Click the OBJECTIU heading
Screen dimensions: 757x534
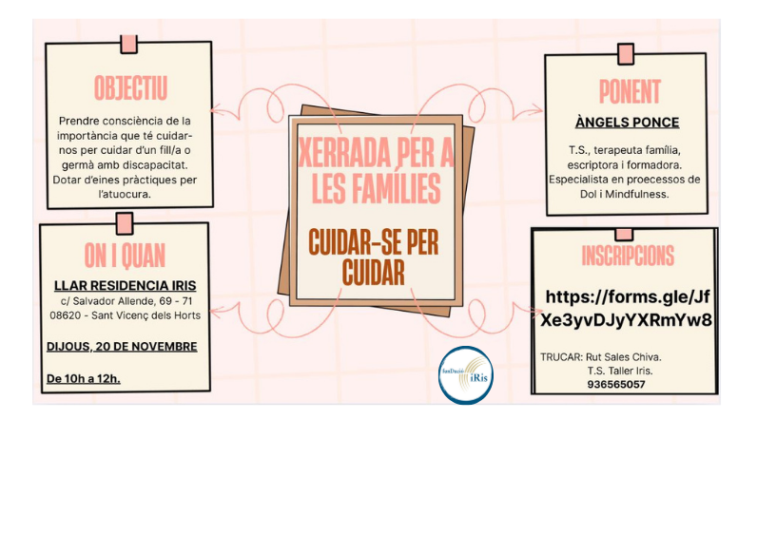click(130, 88)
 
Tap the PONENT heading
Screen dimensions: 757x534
click(630, 91)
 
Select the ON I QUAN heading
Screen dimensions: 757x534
click(125, 256)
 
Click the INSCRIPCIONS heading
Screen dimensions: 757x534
click(628, 256)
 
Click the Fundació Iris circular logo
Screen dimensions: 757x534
click(466, 374)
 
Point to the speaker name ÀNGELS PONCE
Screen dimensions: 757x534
click(627, 123)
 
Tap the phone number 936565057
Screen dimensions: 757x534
click(616, 385)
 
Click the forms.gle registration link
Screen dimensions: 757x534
click(626, 308)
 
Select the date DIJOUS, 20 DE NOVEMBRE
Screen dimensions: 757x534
click(122, 347)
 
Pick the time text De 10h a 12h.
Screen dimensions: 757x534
click(84, 379)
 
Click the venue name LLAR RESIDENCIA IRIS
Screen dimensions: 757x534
click(125, 286)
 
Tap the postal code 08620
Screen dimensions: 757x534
click(66, 315)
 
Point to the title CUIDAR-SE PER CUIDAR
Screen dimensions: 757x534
click(374, 257)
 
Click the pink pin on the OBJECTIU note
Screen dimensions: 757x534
click(129, 44)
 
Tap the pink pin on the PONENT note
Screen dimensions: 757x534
click(626, 54)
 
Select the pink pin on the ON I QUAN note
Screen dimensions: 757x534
click(125, 224)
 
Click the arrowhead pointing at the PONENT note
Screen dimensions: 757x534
click(535, 110)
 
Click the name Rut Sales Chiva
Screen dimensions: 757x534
click(623, 357)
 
